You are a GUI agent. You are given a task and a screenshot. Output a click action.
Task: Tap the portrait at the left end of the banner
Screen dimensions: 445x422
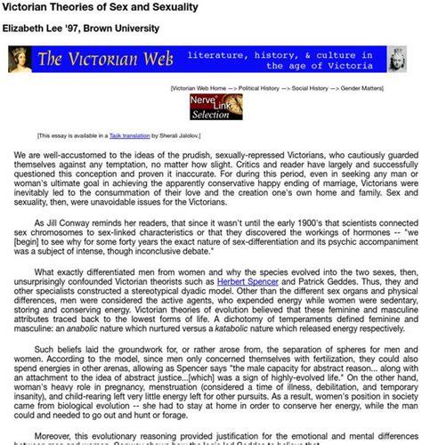tap(20, 59)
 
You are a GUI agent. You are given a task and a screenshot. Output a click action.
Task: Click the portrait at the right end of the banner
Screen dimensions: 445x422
tap(400, 59)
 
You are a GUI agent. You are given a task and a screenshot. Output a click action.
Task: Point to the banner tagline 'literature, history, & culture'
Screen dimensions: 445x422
tap(268, 53)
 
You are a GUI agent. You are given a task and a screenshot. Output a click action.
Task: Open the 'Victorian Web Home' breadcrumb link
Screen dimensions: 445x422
tap(204, 89)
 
